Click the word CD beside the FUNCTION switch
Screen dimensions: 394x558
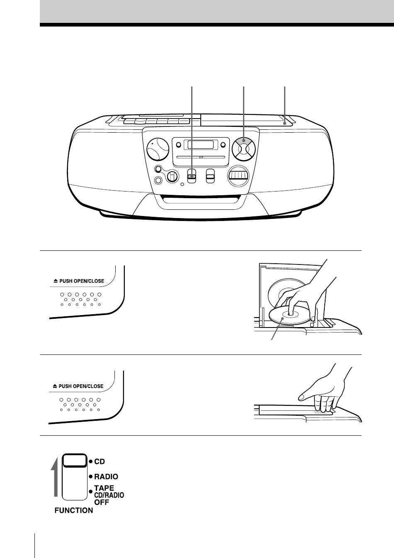pos(100,461)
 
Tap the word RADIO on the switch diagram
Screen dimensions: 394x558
pos(106,477)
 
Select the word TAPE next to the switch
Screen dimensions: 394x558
pos(104,488)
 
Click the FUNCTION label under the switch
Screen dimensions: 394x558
pos(74,510)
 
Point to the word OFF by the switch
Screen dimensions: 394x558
pos(102,502)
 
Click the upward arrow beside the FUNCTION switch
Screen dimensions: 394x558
pos(55,477)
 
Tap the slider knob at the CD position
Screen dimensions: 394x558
pos(75,460)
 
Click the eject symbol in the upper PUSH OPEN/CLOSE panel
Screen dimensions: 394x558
pos(56,281)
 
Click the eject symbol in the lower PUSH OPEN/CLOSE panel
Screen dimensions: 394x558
pos(55,386)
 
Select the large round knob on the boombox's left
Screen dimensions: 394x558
pos(158,149)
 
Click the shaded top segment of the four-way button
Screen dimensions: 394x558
pos(244,141)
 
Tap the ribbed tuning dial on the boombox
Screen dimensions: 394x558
pos(238,176)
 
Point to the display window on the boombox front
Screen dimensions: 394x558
pos(201,145)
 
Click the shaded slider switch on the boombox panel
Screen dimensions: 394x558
pos(192,176)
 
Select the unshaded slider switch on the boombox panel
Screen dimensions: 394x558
pos(210,176)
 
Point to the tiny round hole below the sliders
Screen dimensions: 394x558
pos(182,184)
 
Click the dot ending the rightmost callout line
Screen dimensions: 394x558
pos(285,123)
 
